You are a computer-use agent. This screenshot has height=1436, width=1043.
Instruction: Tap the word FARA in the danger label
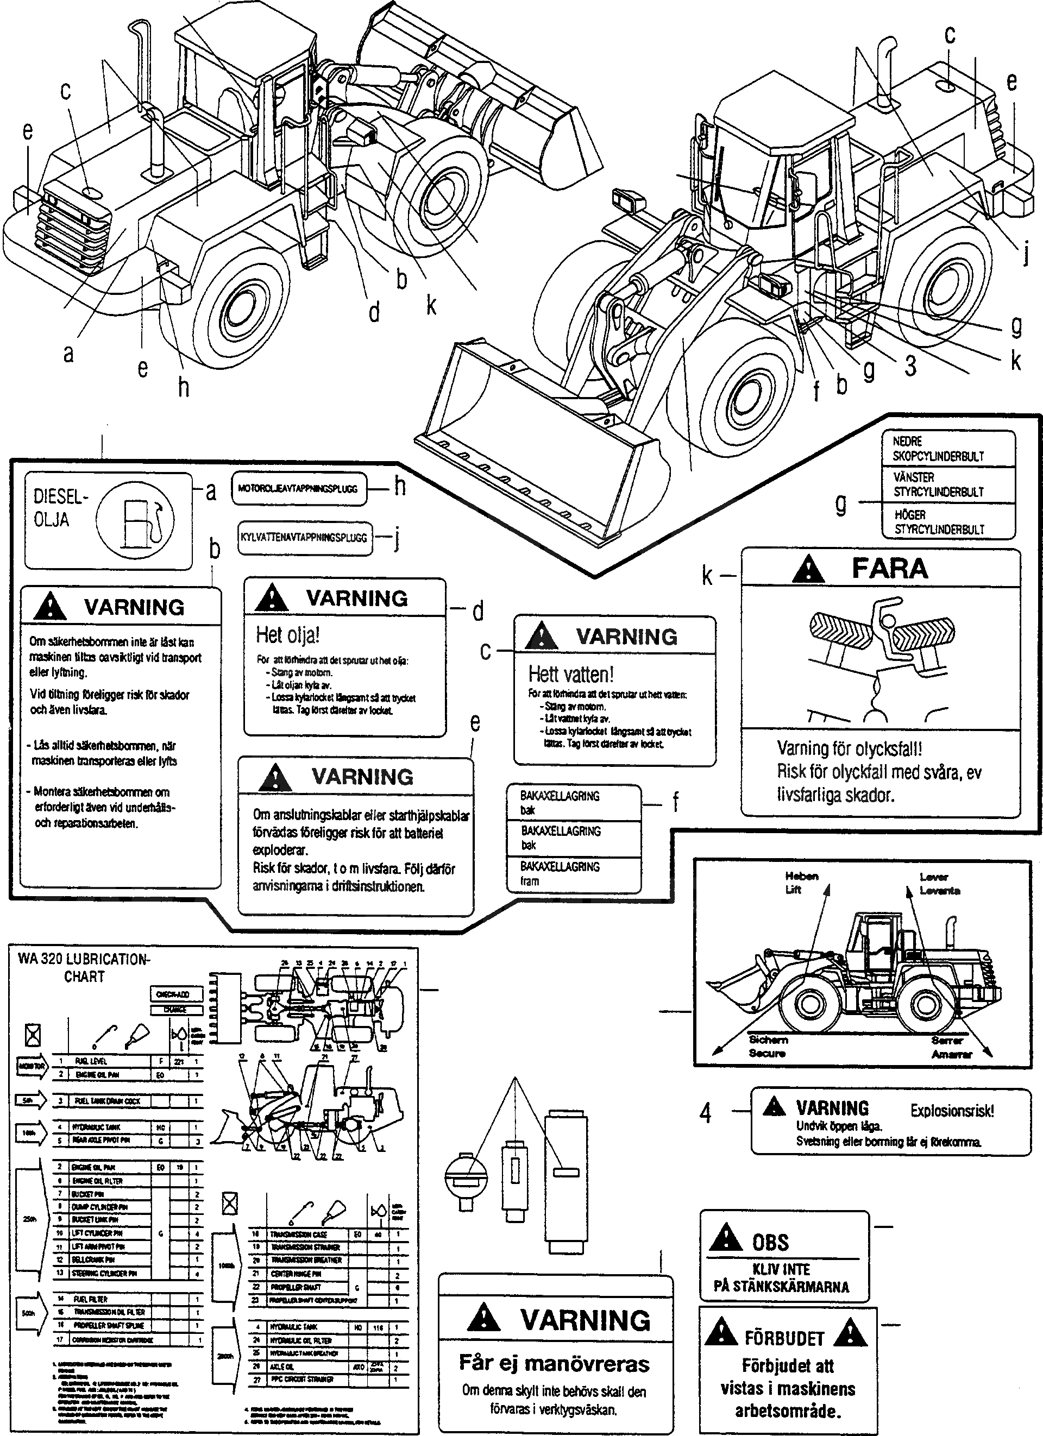click(x=889, y=569)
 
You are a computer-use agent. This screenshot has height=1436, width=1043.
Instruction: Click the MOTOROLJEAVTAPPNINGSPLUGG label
click(x=298, y=489)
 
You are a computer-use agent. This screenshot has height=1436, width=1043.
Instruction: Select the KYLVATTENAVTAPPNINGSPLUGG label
click(x=304, y=538)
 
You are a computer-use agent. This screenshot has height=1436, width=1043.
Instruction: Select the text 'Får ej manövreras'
click(x=554, y=1363)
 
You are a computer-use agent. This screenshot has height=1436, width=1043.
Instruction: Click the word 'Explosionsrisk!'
click(x=952, y=1111)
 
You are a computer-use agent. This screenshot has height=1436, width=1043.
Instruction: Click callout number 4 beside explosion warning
click(x=706, y=1112)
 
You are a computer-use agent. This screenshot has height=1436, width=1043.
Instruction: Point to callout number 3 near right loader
click(x=910, y=366)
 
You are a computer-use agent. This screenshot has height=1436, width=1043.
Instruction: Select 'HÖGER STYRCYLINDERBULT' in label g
click(x=939, y=522)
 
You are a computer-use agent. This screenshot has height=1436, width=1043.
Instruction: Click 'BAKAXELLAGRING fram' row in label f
click(x=560, y=873)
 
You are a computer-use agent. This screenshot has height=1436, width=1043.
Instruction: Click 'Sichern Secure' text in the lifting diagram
click(x=768, y=1046)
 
